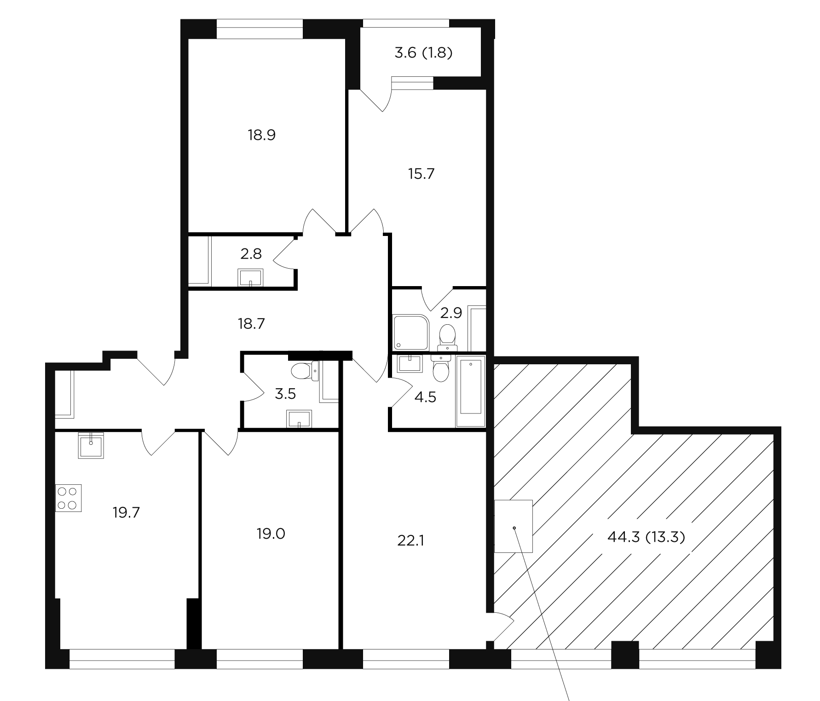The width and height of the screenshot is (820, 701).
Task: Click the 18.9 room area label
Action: coord(261,135)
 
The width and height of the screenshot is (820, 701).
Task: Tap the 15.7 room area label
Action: coord(421,174)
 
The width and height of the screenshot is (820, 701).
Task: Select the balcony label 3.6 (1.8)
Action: coord(423,53)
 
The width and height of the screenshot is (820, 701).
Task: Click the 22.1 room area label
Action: coord(410,540)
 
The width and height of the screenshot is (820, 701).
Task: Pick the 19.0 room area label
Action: coord(271,534)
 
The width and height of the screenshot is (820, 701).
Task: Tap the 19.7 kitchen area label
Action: coord(126,512)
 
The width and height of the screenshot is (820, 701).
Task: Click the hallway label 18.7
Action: coord(252,324)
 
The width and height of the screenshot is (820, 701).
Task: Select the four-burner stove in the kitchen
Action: coord(69,498)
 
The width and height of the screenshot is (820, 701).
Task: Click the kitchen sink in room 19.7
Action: coord(91,445)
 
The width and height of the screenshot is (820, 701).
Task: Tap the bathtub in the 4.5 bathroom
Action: coord(470,394)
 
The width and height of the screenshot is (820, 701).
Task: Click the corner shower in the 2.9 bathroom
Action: coord(411,332)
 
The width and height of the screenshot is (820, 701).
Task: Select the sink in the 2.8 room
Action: coord(250,278)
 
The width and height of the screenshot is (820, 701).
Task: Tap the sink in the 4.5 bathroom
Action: coord(409,363)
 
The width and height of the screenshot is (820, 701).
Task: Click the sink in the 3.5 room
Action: coord(299,419)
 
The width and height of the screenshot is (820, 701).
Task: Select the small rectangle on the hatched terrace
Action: coord(514,526)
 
